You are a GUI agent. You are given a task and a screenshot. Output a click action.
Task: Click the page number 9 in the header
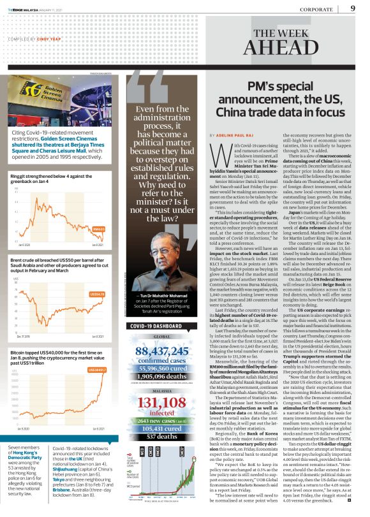tap(353, 8)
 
